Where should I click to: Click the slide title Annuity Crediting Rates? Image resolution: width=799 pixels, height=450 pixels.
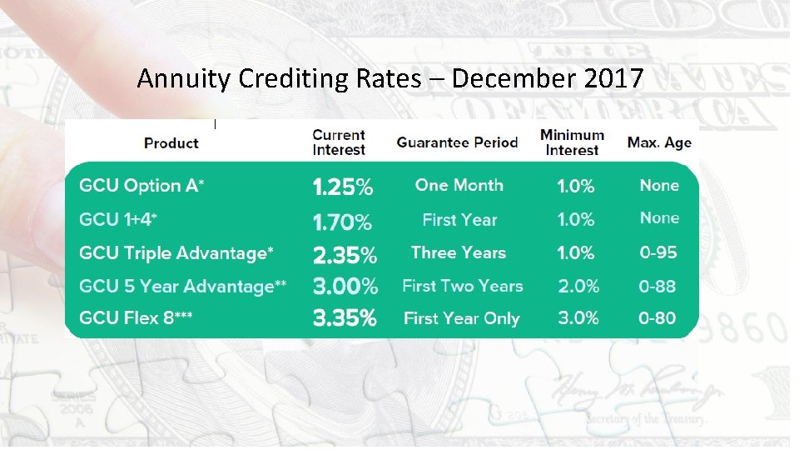(x=390, y=78)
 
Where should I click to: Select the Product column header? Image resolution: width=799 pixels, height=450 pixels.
(x=171, y=143)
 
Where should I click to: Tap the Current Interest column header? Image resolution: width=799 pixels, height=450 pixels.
(x=339, y=142)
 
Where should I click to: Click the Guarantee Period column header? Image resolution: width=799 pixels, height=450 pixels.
(x=457, y=142)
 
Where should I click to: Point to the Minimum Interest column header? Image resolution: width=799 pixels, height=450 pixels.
(x=572, y=142)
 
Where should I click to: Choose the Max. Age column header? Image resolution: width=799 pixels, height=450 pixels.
(x=659, y=142)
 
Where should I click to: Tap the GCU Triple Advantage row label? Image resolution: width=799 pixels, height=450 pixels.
(x=176, y=252)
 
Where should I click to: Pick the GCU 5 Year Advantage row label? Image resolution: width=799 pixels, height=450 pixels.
(x=182, y=287)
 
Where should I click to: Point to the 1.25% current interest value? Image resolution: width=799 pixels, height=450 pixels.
(x=342, y=187)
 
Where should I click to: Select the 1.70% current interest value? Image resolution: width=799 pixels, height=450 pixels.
(x=342, y=222)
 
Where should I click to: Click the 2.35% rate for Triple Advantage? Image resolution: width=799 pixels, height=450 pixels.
(x=345, y=254)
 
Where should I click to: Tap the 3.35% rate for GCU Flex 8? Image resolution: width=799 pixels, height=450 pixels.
(x=345, y=318)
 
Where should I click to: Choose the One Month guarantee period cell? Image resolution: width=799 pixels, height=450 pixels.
(x=459, y=185)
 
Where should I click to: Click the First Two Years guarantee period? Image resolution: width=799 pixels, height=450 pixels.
(x=462, y=286)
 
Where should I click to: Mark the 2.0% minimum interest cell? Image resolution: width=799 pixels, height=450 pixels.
(x=578, y=286)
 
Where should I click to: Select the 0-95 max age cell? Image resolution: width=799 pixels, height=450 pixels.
(x=658, y=252)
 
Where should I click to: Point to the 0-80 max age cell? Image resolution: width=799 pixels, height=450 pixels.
(x=658, y=318)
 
